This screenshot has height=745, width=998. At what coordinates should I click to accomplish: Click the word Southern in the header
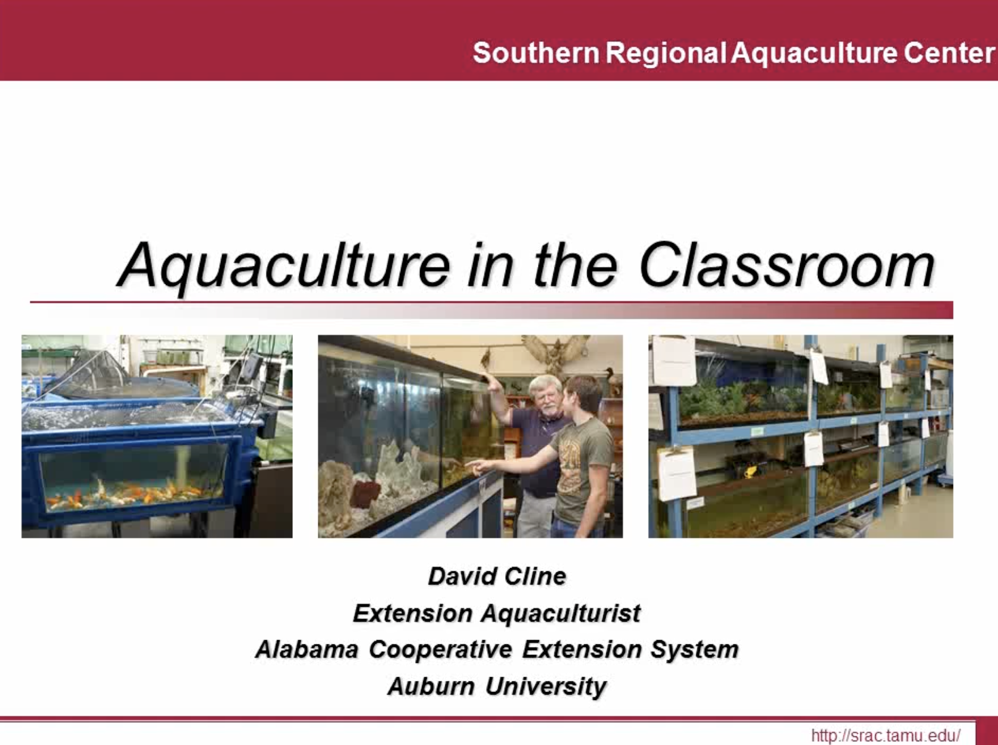click(536, 52)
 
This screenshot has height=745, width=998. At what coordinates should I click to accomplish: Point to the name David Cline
click(497, 576)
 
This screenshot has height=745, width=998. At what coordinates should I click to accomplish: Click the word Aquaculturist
click(561, 613)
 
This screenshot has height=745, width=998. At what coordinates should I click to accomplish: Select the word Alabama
click(307, 649)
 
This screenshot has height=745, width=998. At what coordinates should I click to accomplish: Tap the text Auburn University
click(497, 686)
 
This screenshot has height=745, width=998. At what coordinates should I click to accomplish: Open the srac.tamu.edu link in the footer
click(886, 735)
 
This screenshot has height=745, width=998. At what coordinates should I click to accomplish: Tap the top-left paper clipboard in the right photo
click(674, 360)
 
